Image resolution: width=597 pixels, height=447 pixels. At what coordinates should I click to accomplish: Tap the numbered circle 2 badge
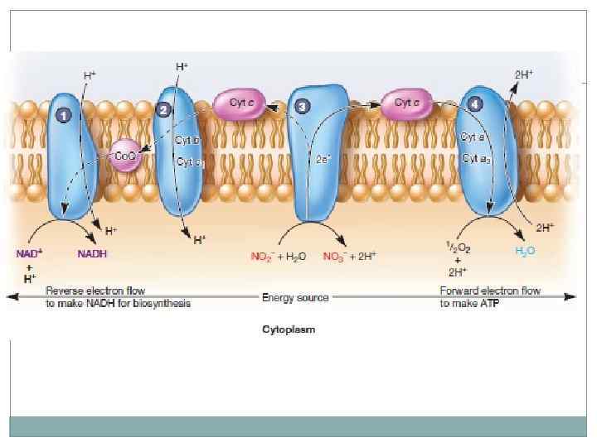pos(163,109)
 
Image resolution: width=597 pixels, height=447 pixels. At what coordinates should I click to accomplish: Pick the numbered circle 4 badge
pos(473,103)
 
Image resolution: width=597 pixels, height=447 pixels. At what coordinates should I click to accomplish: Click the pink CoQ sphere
pos(126,154)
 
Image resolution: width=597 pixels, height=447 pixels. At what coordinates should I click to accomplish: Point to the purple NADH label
pos(92,253)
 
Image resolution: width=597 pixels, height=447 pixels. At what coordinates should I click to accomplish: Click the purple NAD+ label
pos(28,253)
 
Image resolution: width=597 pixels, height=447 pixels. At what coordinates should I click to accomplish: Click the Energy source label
pos(295,297)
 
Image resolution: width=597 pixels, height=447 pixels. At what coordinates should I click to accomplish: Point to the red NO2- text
pos(263,257)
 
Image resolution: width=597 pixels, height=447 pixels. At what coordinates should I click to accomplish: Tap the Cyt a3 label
pos(478,157)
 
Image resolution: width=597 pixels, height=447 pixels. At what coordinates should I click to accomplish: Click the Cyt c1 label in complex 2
pos(187,161)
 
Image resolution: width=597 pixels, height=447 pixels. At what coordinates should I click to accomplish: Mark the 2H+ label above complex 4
pos(523,74)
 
